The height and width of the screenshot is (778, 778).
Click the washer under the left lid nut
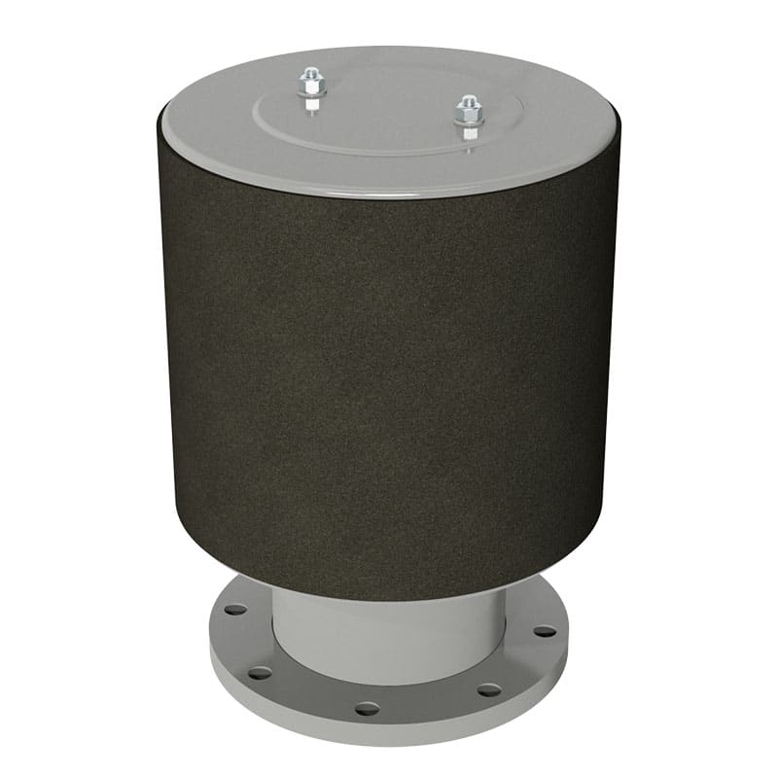(312, 92)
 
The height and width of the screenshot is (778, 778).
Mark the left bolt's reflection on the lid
(311, 105)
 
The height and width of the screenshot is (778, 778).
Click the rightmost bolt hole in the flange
(545, 631)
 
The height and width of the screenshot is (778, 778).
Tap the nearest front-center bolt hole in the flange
(367, 708)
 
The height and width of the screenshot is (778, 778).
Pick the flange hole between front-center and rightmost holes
(489, 690)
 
